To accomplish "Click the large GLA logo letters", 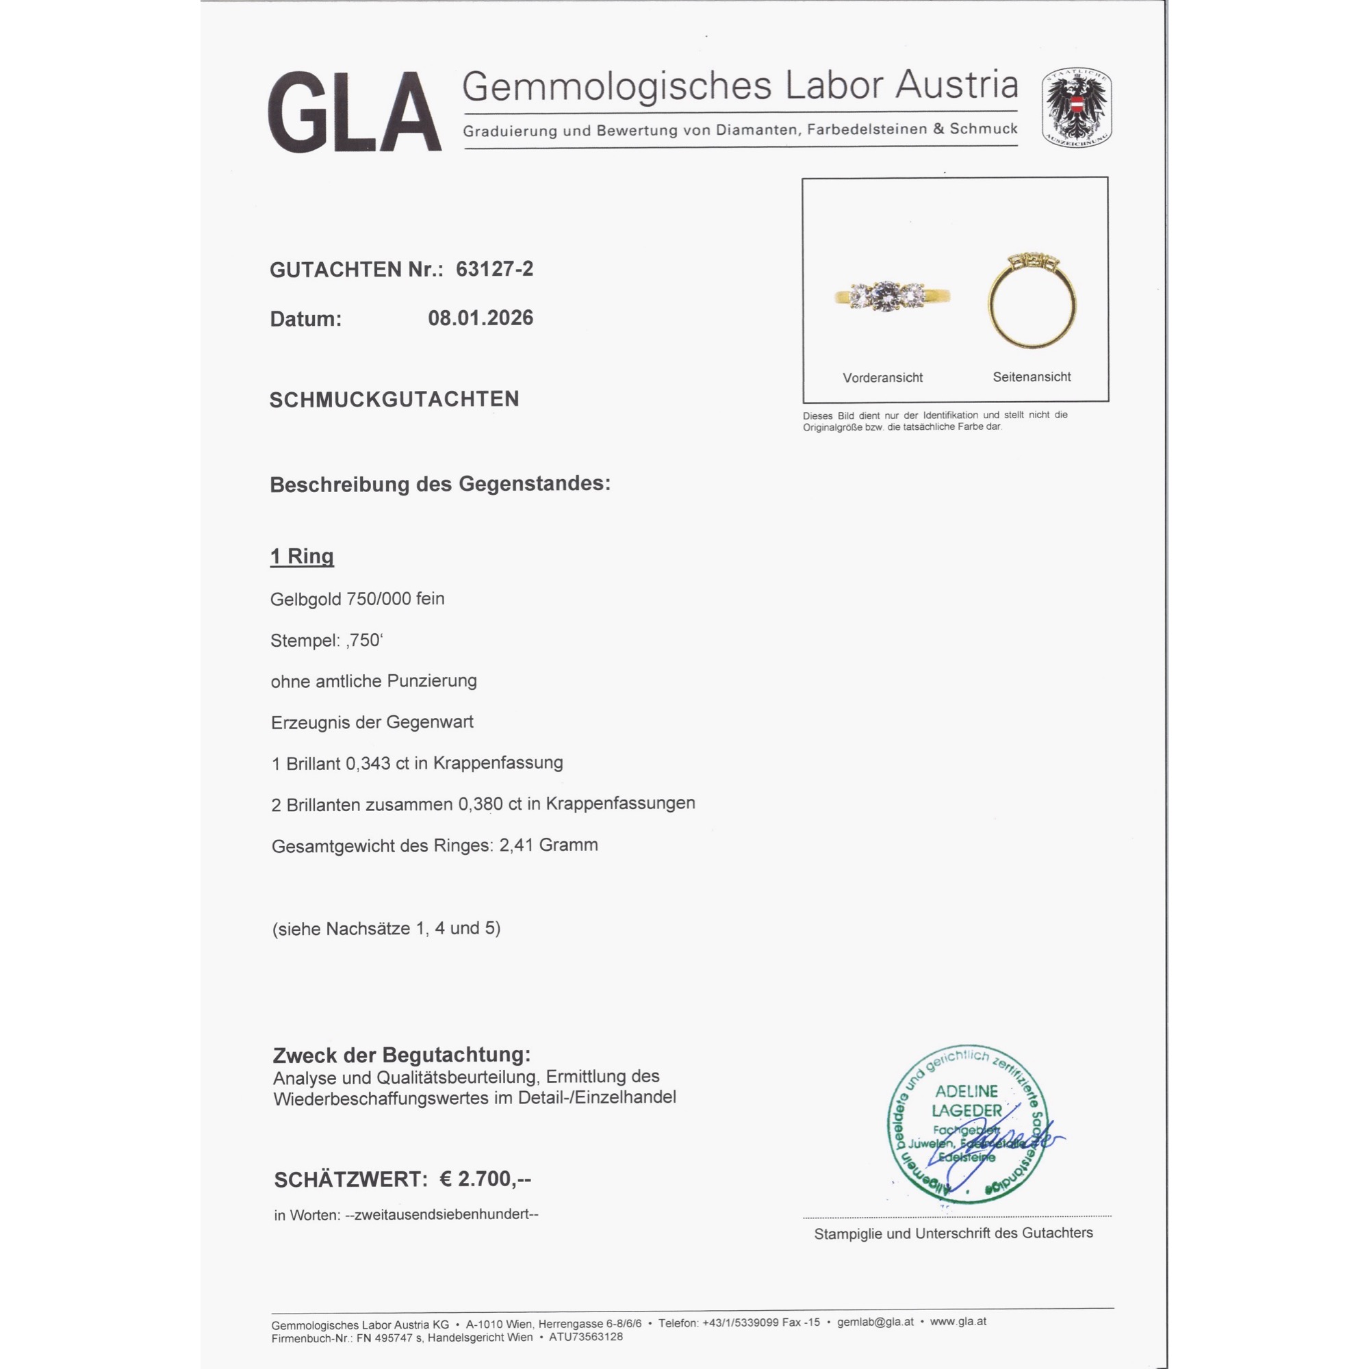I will click(355, 112).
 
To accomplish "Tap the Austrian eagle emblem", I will click(1075, 107).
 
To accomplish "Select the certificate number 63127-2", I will click(495, 269).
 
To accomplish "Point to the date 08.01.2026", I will click(481, 318).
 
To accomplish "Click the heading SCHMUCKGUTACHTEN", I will click(394, 400).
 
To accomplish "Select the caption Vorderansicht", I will click(882, 378).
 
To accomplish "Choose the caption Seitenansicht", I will click(1031, 377).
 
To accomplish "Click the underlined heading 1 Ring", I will click(302, 556).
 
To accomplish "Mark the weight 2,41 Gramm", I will click(548, 845).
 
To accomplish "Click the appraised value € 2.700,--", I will click(485, 1179).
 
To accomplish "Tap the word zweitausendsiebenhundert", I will click(442, 1214).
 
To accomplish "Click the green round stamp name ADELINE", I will click(966, 1091).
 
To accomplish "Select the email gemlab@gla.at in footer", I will click(875, 1322).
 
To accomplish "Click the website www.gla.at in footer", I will click(958, 1322).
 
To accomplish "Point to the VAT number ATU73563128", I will click(585, 1337).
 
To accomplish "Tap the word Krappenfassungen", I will click(620, 804).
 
